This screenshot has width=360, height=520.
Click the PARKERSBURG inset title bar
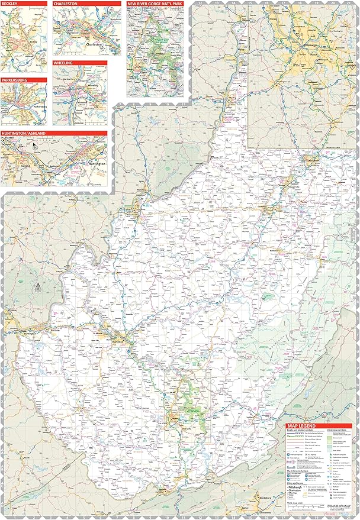pyautogui.click(x=24, y=80)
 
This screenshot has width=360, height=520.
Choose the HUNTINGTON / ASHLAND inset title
pyautogui.click(x=54, y=134)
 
